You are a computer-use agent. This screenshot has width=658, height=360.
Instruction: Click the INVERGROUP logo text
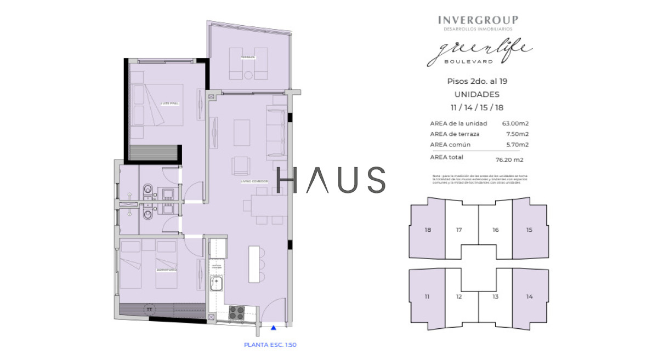(478, 20)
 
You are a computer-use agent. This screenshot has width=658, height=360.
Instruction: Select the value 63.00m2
(515, 123)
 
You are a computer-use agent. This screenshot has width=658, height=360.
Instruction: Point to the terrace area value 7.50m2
(517, 134)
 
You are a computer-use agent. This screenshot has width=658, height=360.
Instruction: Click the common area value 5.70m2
(517, 145)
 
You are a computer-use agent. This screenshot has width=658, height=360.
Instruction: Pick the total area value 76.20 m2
(509, 160)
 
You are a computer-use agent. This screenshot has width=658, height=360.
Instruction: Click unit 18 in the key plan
(428, 230)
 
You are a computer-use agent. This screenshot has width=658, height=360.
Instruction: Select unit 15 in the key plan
(529, 230)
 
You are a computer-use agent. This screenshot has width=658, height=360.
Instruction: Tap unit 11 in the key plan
(428, 296)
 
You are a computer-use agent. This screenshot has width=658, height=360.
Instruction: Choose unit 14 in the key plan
(529, 296)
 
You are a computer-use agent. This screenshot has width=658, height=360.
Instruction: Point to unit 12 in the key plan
(459, 297)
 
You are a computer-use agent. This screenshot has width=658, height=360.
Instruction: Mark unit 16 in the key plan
(495, 230)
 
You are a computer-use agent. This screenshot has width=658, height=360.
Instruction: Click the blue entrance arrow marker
(273, 328)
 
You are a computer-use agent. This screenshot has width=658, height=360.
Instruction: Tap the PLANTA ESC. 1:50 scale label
(270, 345)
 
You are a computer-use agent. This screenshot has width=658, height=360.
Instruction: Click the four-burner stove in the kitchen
(236, 312)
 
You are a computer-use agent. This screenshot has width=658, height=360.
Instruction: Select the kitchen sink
(217, 283)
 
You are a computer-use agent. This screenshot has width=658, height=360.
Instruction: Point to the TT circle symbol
(149, 310)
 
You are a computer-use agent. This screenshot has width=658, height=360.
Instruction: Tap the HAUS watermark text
(331, 180)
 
